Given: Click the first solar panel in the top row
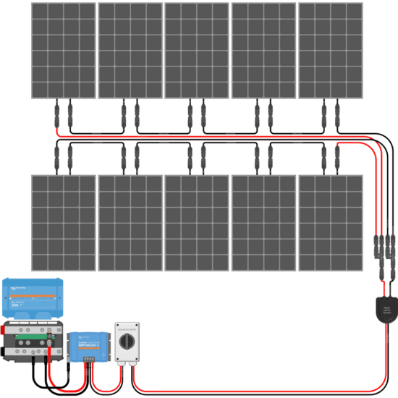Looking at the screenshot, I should pos(63,51).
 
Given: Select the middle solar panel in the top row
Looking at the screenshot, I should pos(197,51).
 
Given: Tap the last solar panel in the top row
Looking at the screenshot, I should pos(331,51).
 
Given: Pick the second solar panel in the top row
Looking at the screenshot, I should pos(130,51).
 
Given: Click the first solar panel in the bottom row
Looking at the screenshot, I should pos(63,223).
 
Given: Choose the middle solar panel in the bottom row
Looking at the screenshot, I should pos(197,223).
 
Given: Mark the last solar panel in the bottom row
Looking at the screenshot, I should pos(331,223).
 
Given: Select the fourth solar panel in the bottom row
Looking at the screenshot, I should pos(263,223).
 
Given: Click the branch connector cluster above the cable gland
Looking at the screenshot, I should pos(383,250).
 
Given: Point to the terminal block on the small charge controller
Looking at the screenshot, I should pos(88,357).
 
